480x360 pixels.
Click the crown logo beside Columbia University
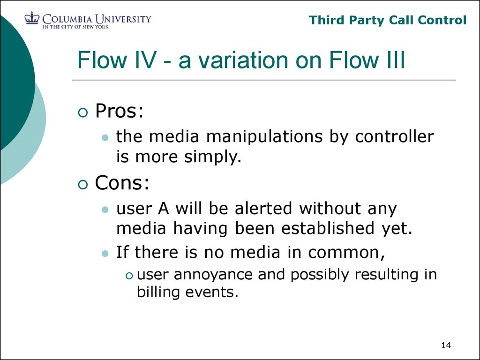32,18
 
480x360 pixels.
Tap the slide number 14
446,345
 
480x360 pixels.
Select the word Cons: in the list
122,183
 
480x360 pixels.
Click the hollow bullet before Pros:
83,112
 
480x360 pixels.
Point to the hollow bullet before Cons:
83,185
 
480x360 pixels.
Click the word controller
395,136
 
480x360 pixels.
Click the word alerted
263,209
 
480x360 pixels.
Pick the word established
328,228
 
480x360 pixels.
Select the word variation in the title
244,60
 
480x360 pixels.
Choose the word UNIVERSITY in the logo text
123,19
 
